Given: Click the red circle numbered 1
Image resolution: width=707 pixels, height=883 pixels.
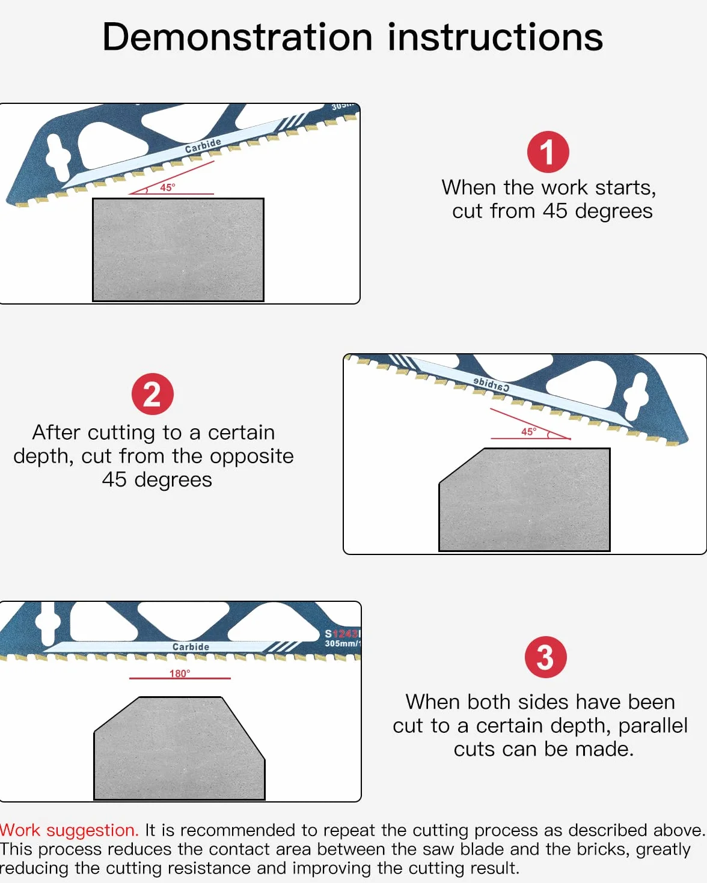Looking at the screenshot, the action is pos(548,152).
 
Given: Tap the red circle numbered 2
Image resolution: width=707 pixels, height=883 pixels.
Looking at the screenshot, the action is pos(153,394).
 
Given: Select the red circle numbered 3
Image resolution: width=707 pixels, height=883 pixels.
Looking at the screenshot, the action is pos(545,657).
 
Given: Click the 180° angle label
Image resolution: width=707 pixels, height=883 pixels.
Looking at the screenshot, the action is pos(180,673).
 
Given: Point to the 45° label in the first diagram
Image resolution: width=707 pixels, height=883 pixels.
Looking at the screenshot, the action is pos(168,187).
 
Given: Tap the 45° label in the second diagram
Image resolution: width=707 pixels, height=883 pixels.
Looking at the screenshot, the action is pos(528,432).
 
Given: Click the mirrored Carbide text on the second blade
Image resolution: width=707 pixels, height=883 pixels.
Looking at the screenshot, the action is pos(491,384).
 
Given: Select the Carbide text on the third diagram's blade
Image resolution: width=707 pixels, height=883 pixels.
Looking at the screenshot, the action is pos(191,647).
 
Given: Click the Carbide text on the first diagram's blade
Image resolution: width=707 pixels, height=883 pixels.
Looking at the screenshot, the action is pos(203,145).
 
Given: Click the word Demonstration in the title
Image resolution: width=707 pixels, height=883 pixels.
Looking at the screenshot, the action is pos(237,37).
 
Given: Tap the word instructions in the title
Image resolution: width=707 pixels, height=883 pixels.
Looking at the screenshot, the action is pos(495,37).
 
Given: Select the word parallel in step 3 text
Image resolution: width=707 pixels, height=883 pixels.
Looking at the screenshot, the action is pos(653,726).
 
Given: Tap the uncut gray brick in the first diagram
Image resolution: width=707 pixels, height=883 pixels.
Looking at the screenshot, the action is pos(179,250).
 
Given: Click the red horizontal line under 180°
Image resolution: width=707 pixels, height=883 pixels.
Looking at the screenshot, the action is pos(180,678).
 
